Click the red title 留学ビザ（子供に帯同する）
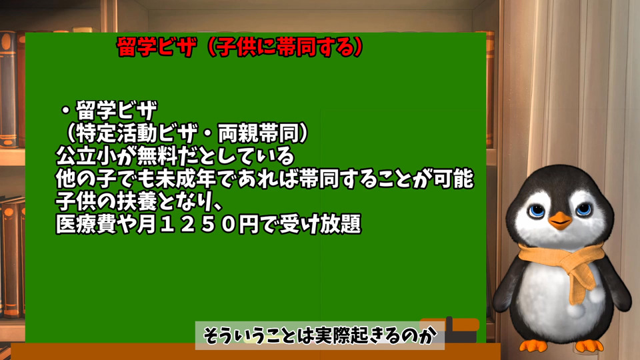point(239,47)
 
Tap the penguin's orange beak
point(560,221)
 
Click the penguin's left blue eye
point(537,211)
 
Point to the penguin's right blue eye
point(583,209)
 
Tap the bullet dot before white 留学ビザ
point(65,111)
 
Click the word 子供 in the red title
point(235,47)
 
